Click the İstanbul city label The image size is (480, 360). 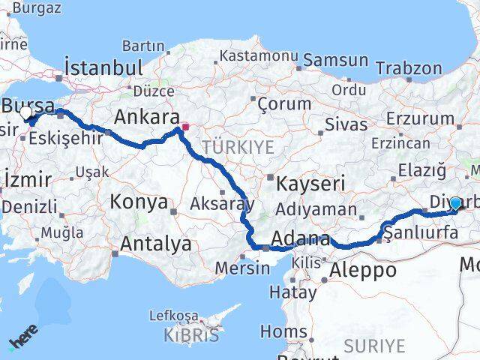[x=103, y=67]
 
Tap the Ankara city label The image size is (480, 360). [x=146, y=117]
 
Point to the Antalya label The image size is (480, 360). [x=155, y=244]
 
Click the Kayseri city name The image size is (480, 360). [x=310, y=183]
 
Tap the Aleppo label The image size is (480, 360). [x=367, y=271]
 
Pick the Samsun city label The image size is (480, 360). [x=335, y=59]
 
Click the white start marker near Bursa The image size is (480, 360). [x=26, y=113]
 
